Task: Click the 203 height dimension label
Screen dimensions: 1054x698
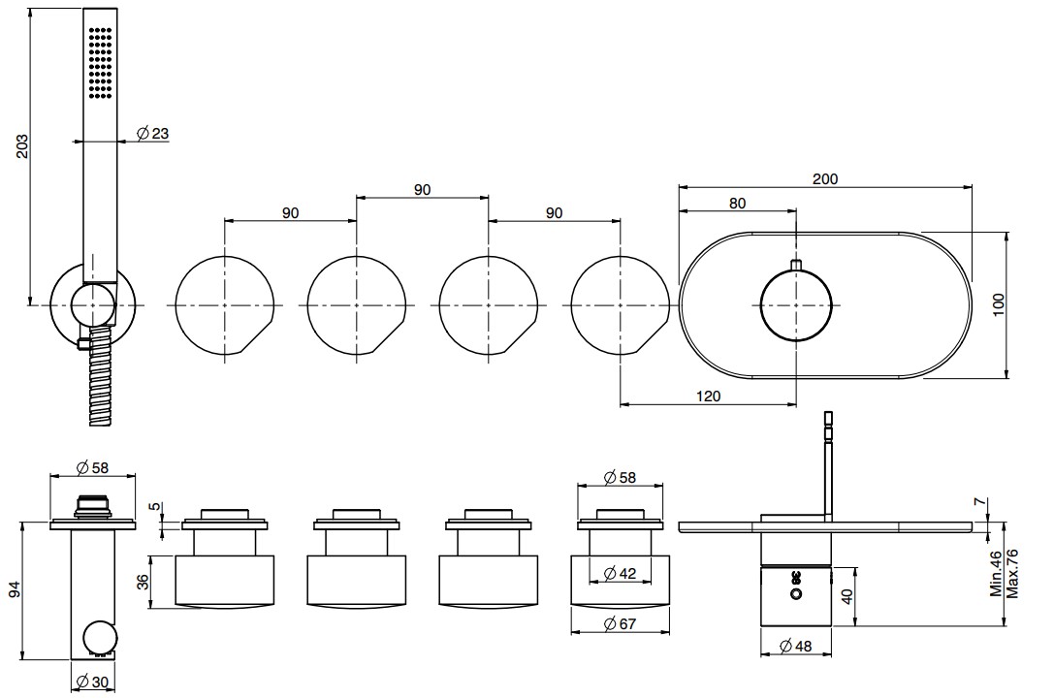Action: pyautogui.click(x=22, y=146)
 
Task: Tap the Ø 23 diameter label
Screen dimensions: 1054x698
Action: pyautogui.click(x=152, y=133)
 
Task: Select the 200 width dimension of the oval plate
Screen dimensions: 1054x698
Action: pyautogui.click(x=825, y=178)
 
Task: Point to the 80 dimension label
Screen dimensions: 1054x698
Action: pyautogui.click(x=737, y=203)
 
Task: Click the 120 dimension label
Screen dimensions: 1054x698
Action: pyautogui.click(x=708, y=396)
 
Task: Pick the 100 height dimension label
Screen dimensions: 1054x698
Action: pyautogui.click(x=998, y=305)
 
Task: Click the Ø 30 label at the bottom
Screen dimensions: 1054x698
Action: pyautogui.click(x=92, y=682)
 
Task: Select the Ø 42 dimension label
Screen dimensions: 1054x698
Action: pyautogui.click(x=619, y=573)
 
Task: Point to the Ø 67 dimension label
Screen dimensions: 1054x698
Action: pyautogui.click(x=619, y=623)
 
